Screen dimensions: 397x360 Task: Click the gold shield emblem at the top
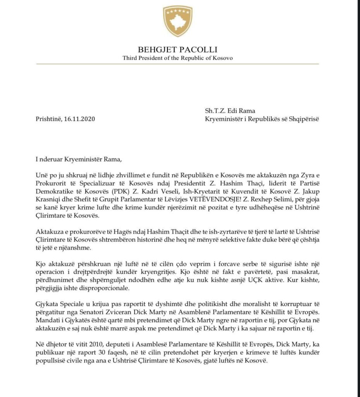click(x=178, y=21)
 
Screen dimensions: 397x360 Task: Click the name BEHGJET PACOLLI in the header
click(x=178, y=50)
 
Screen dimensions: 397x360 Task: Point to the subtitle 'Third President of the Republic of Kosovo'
click(x=178, y=58)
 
